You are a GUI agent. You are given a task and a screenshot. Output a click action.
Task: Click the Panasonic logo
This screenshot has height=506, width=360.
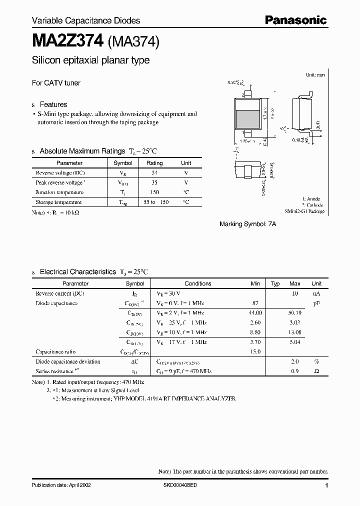[x=295, y=20]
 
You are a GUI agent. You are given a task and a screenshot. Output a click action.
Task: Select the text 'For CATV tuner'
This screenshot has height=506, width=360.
[x=56, y=83]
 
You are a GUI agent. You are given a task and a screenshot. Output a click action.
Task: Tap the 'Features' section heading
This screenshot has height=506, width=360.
[x=53, y=104]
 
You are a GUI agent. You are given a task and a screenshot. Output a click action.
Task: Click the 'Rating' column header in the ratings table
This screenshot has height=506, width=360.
[x=154, y=163]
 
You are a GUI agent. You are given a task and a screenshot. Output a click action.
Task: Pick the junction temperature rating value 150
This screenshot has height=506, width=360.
[x=154, y=192]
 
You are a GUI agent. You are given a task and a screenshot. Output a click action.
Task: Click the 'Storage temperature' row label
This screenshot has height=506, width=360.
[x=58, y=202]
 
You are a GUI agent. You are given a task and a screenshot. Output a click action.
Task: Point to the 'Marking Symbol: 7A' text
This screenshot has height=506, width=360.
[x=247, y=224]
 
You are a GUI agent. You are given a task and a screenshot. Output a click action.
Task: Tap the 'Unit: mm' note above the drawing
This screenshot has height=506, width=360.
[x=315, y=74]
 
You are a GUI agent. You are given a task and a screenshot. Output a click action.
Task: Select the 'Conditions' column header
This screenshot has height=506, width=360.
[x=198, y=283]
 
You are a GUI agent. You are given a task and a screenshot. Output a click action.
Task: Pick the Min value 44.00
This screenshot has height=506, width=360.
[x=255, y=312]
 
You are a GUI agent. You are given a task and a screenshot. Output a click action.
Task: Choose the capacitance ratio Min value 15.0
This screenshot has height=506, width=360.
[x=255, y=351]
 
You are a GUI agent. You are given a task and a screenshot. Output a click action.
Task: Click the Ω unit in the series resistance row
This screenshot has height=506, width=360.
[x=316, y=371]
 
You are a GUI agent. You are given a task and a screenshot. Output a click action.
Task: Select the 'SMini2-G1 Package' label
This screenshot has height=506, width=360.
[x=305, y=211]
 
